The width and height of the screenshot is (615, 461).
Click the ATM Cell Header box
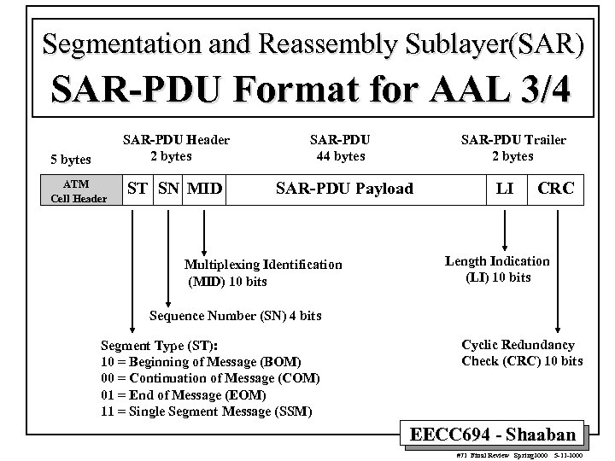pyautogui.click(x=79, y=192)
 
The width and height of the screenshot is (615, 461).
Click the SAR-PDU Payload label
pyautogui.click(x=343, y=189)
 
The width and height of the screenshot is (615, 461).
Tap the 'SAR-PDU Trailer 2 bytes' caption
pyautogui.click(x=513, y=148)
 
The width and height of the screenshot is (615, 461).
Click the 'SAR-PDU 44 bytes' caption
pyautogui.click(x=340, y=148)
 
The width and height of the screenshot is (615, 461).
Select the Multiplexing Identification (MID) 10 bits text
pyautogui.click(x=263, y=272)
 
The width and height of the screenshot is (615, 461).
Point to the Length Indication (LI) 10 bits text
pyautogui.click(x=498, y=269)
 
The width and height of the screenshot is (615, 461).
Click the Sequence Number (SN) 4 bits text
pyautogui.click(x=235, y=316)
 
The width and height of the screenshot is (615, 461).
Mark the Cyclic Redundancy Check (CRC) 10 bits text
pyautogui.click(x=522, y=353)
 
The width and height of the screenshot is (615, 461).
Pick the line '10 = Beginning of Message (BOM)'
pyautogui.click(x=201, y=361)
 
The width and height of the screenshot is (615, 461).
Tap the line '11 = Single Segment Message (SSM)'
pyautogui.click(x=206, y=411)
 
